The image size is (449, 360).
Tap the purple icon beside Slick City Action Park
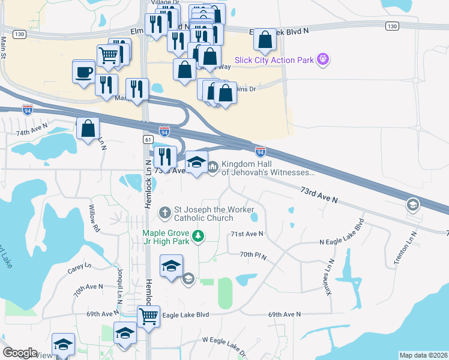(324, 59)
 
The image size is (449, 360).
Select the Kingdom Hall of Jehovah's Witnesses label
(268, 168)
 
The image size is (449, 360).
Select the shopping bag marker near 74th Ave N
(88, 128)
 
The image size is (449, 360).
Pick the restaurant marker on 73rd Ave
(165, 157)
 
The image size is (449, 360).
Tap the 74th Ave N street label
(31, 132)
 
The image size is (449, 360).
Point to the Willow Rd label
(93, 219)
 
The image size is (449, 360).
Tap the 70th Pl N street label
(253, 255)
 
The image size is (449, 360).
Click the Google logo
(20, 353)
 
